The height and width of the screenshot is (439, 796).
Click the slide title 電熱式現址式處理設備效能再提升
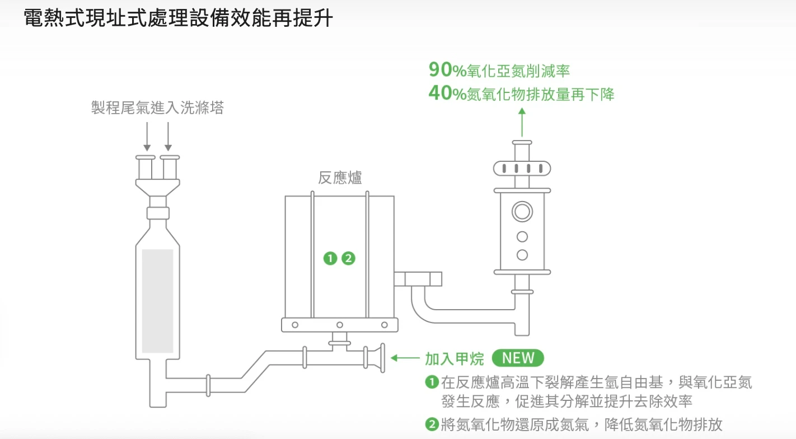click(x=179, y=19)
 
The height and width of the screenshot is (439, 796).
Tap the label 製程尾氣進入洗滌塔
click(x=157, y=108)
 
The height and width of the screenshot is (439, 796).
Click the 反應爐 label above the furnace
click(x=340, y=178)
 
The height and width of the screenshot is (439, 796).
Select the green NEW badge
click(x=518, y=358)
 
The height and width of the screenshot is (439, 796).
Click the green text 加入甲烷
click(x=454, y=358)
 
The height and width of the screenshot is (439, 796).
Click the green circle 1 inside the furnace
click(x=331, y=258)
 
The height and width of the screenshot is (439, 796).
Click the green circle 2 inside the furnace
click(x=348, y=258)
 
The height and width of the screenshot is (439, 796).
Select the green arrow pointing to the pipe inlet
click(x=405, y=358)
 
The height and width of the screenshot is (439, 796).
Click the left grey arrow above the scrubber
click(x=147, y=137)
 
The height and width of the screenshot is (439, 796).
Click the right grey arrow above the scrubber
click(x=168, y=137)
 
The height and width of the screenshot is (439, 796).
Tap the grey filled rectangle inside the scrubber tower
click(x=157, y=301)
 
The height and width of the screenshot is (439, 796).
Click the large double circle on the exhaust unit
click(x=522, y=212)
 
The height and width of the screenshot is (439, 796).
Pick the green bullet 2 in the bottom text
click(x=431, y=424)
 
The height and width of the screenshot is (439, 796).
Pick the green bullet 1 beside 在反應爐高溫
click(x=431, y=382)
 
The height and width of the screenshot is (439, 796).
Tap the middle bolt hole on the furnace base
click(x=339, y=325)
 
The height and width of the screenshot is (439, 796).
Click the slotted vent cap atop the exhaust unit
click(x=522, y=168)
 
